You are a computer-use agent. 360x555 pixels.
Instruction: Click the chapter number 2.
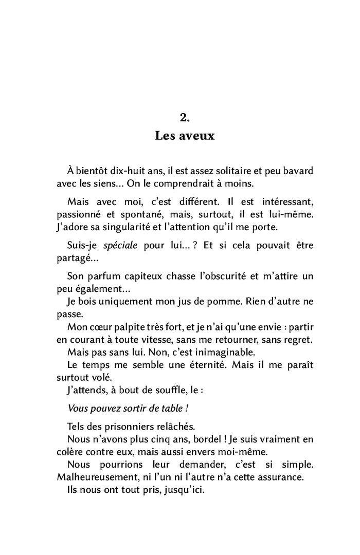[185, 118]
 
